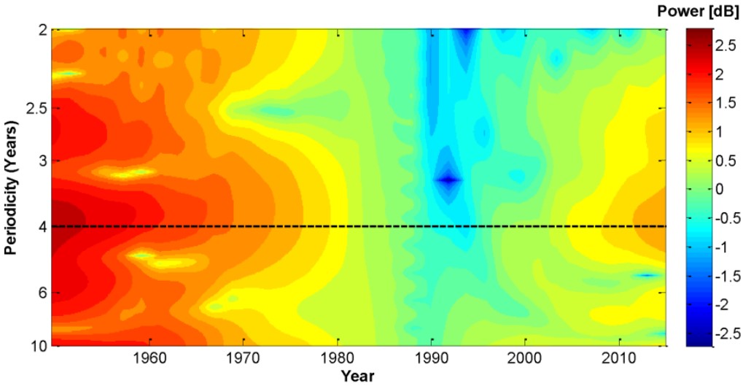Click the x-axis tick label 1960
(149, 358)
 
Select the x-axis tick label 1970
(244, 358)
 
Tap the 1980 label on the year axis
(338, 358)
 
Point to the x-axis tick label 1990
(432, 358)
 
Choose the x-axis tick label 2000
(525, 358)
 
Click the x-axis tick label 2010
(619, 358)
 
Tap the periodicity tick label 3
(42, 160)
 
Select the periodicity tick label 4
(42, 227)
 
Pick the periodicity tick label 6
(42, 293)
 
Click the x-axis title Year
(358, 376)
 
